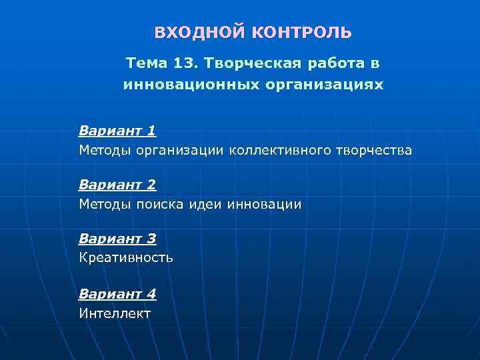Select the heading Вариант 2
click(117, 184)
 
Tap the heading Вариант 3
click(117, 238)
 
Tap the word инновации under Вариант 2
click(265, 204)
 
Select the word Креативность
click(126, 257)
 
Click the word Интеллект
click(115, 313)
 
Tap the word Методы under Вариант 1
click(105, 150)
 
